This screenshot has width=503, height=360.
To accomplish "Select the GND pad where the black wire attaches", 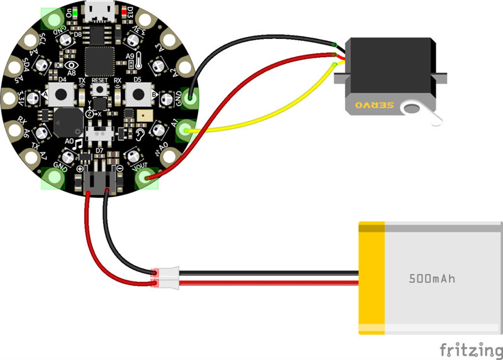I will (x=189, y=97).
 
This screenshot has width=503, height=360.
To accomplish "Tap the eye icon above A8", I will (x=71, y=64).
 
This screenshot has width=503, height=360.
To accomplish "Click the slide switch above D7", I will (x=99, y=134).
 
